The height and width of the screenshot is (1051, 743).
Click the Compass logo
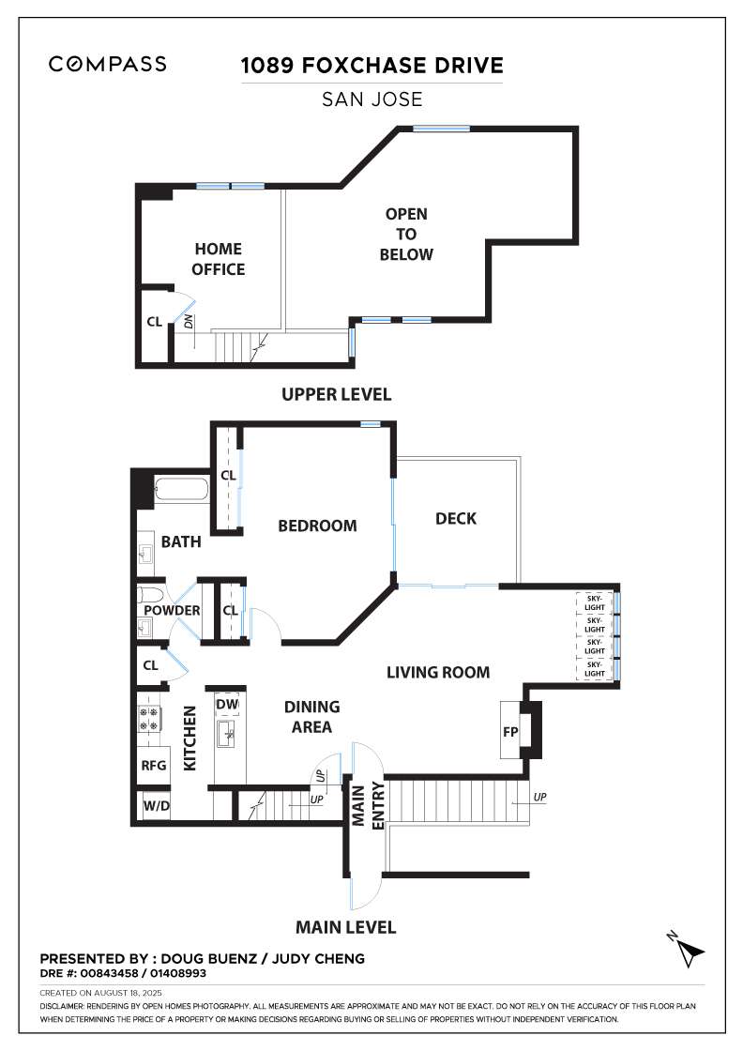[107, 64]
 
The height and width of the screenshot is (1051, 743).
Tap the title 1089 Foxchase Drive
[371, 66]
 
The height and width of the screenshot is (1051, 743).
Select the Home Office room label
[219, 259]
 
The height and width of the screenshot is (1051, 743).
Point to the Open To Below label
[406, 234]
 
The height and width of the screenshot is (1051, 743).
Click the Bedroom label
[318, 525]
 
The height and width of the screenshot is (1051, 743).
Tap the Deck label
[456, 518]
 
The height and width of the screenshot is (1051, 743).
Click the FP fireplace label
[510, 732]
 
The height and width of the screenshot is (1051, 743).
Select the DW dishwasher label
[227, 705]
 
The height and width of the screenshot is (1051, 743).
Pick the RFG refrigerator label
[154, 765]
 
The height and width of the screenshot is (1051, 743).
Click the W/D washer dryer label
[156, 806]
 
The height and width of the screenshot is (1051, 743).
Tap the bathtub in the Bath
[181, 491]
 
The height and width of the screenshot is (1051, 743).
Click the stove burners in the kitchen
[149, 719]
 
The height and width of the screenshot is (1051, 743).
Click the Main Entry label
[368, 806]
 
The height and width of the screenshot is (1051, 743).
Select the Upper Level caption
[337, 394]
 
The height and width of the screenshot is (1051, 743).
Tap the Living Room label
[438, 672]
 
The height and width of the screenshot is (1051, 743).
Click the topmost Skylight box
[595, 602]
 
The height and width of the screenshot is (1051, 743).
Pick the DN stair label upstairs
[189, 321]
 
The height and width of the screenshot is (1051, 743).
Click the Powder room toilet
[150, 595]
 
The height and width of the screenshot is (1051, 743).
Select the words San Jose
[371, 99]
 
